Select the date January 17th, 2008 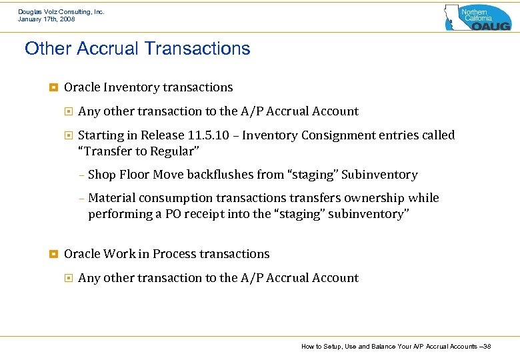(x=46, y=19)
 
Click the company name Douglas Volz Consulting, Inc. (x=61, y=12)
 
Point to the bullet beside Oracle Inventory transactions (x=53, y=87)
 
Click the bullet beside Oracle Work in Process (x=53, y=254)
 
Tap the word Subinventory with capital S (x=379, y=175)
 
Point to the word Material (x=111, y=198)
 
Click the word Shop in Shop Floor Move (x=101, y=175)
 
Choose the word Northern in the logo (x=475, y=12)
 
